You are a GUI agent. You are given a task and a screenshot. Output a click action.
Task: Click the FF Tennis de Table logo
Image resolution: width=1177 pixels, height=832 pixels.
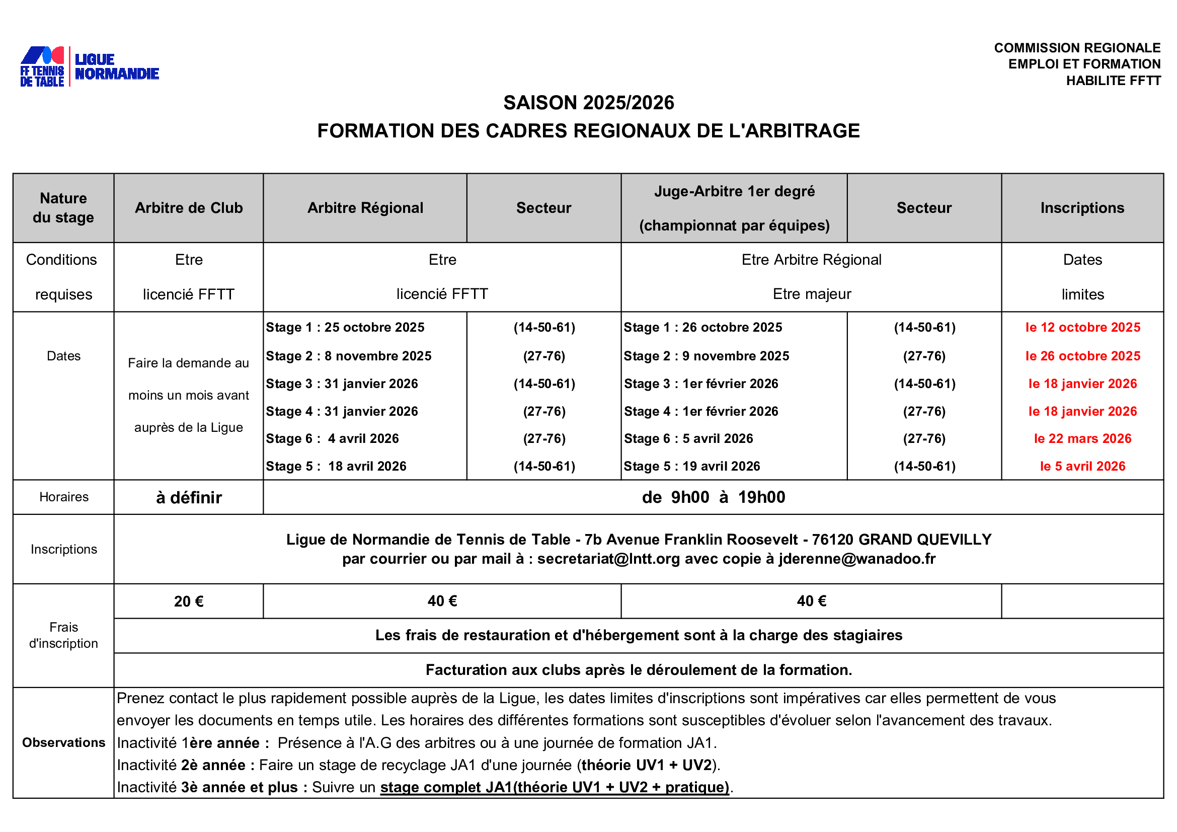[43, 66]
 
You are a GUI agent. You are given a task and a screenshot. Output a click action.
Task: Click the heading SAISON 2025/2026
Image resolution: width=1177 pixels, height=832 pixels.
[589, 103]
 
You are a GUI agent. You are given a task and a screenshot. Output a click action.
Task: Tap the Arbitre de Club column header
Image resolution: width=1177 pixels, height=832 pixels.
[189, 207]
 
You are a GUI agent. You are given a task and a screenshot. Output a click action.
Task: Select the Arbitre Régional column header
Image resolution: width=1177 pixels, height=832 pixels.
[365, 207]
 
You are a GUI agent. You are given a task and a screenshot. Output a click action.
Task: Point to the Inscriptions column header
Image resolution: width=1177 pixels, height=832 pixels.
[1082, 207]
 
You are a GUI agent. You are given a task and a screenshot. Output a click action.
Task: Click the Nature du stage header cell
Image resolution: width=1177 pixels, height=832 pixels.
[63, 207]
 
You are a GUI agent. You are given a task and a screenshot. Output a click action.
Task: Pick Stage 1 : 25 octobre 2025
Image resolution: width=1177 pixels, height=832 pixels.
[345, 327]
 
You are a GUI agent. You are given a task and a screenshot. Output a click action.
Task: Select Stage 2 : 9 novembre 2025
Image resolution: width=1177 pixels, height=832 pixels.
[706, 356]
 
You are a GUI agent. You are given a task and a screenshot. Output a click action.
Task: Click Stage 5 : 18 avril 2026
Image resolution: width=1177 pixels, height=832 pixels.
[336, 466]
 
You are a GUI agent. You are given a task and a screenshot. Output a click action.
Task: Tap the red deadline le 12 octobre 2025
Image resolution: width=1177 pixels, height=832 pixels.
[1083, 327]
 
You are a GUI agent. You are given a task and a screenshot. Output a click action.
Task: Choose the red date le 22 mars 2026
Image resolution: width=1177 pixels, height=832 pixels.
[1083, 438]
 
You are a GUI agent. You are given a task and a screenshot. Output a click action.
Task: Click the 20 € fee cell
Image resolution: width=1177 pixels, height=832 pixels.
[189, 601]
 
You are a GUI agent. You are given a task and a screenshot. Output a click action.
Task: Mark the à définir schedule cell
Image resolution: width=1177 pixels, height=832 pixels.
[189, 497]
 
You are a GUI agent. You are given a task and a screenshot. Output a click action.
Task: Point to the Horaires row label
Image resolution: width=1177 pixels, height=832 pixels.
[63, 497]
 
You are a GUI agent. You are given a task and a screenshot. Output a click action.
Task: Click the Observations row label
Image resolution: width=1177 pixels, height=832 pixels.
[63, 742]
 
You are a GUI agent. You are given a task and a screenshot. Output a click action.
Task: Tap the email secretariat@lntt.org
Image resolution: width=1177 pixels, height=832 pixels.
[608, 559]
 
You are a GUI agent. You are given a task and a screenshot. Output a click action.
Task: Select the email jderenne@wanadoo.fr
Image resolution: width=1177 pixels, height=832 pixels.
[857, 559]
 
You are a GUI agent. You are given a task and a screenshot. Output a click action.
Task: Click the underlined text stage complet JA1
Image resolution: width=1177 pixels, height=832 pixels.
[446, 787]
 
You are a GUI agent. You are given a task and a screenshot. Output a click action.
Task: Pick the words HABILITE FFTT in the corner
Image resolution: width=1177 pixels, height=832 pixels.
[1113, 81]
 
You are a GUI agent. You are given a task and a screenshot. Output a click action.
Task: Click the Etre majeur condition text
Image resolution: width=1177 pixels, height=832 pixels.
[812, 294]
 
